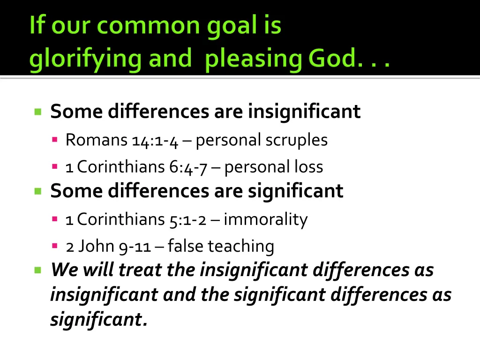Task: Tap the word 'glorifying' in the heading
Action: (82, 60)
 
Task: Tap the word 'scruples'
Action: (299, 140)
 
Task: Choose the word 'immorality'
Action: (265, 219)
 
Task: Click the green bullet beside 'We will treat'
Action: (38, 270)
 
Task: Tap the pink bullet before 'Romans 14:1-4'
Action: (55, 139)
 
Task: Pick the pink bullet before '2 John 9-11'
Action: (55, 246)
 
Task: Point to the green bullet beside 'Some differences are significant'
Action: (38, 191)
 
